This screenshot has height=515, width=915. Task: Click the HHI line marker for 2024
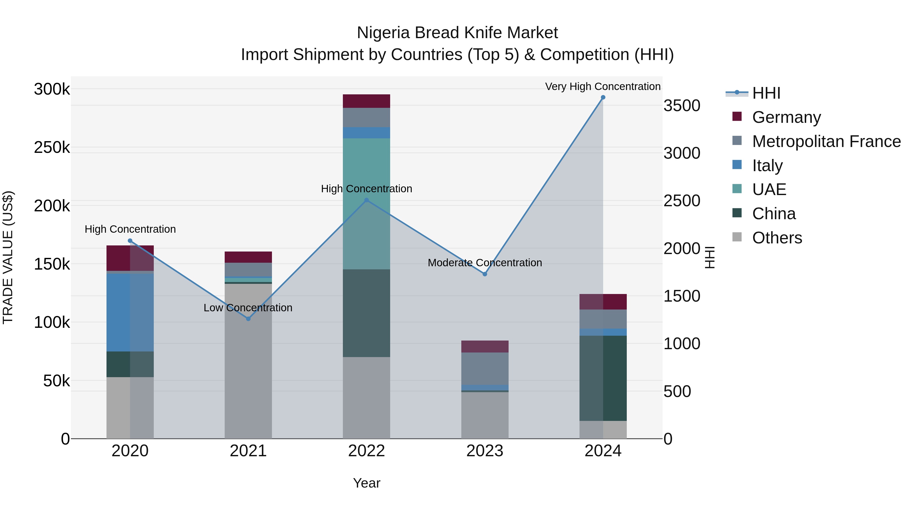click(x=603, y=97)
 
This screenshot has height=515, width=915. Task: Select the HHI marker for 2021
click(x=248, y=319)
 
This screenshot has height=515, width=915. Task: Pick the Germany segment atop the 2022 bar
click(x=366, y=101)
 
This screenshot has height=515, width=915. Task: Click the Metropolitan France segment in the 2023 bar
click(x=484, y=368)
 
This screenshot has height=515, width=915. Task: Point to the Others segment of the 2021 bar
click(x=248, y=361)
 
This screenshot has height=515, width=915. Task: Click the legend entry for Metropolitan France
click(x=826, y=141)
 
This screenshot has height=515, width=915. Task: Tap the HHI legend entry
click(x=766, y=93)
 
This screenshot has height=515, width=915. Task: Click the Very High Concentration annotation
click(x=603, y=86)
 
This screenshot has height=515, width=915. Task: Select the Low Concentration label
click(x=248, y=307)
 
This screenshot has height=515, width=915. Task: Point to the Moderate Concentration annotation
click(x=484, y=263)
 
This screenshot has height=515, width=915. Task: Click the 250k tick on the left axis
click(x=52, y=148)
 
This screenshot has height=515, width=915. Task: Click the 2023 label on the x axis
click(x=484, y=451)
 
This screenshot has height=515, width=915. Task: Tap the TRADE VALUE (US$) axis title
click(x=8, y=257)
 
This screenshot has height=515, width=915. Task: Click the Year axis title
click(x=367, y=483)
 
